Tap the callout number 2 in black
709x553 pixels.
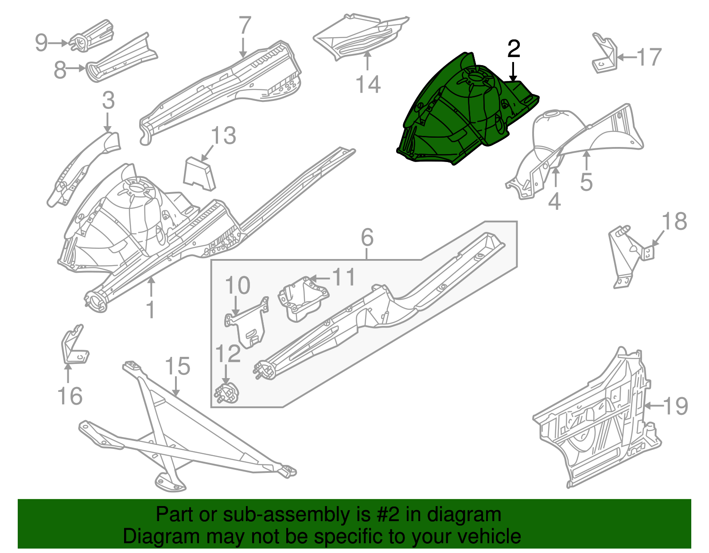click(x=513, y=49)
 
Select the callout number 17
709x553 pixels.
click(x=649, y=58)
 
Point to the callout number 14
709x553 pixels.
click(x=368, y=84)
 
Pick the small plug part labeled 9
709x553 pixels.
click(x=92, y=35)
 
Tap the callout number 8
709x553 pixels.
click(x=60, y=70)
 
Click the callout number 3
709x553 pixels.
click(x=108, y=100)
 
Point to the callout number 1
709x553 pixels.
click(x=151, y=309)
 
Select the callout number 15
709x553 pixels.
click(x=177, y=367)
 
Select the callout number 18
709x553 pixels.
click(x=674, y=221)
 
